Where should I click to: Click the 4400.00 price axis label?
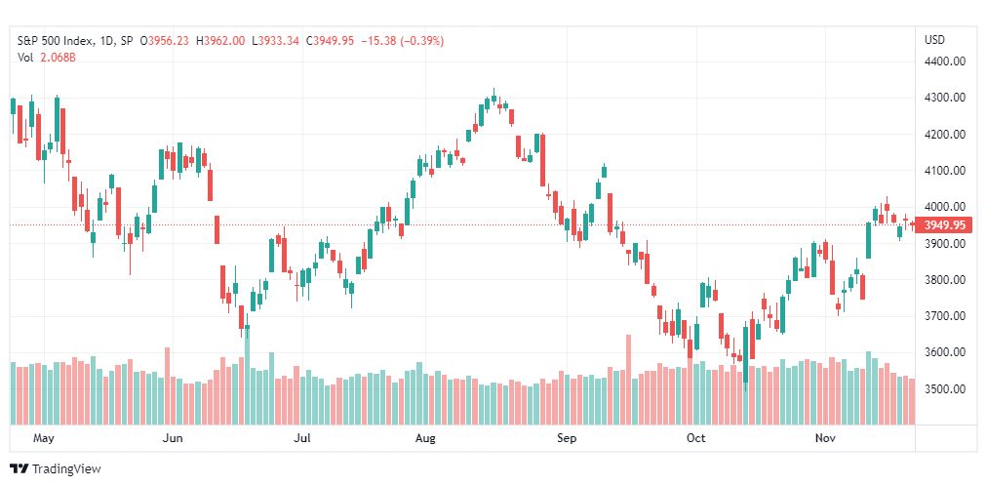pyautogui.click(x=945, y=61)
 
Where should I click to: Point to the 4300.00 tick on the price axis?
pyautogui.click(x=945, y=98)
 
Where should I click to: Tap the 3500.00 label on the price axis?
pyautogui.click(x=945, y=388)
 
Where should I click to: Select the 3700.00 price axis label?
pyautogui.click(x=945, y=316)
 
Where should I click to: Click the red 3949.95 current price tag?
pyautogui.click(x=944, y=224)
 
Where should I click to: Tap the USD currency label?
pyautogui.click(x=934, y=40)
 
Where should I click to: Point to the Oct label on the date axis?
pyautogui.click(x=696, y=438)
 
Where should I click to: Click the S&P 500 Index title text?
pyautogui.click(x=56, y=41)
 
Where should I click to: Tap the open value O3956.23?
pyautogui.click(x=165, y=41)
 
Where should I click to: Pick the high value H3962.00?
pyautogui.click(x=220, y=41)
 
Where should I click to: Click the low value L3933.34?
pyautogui.click(x=275, y=41)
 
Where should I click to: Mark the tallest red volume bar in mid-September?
pyautogui.click(x=627, y=380)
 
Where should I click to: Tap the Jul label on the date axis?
pyautogui.click(x=302, y=438)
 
